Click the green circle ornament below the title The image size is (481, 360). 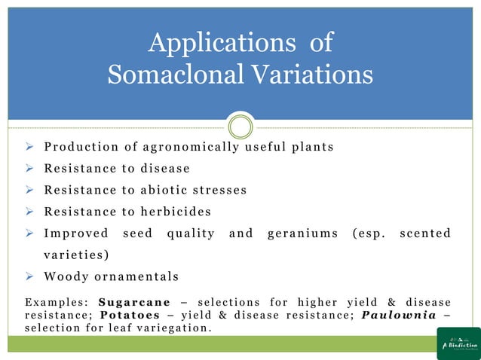(240, 127)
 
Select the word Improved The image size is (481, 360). (75, 233)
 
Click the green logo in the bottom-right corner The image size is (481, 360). (458, 343)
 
